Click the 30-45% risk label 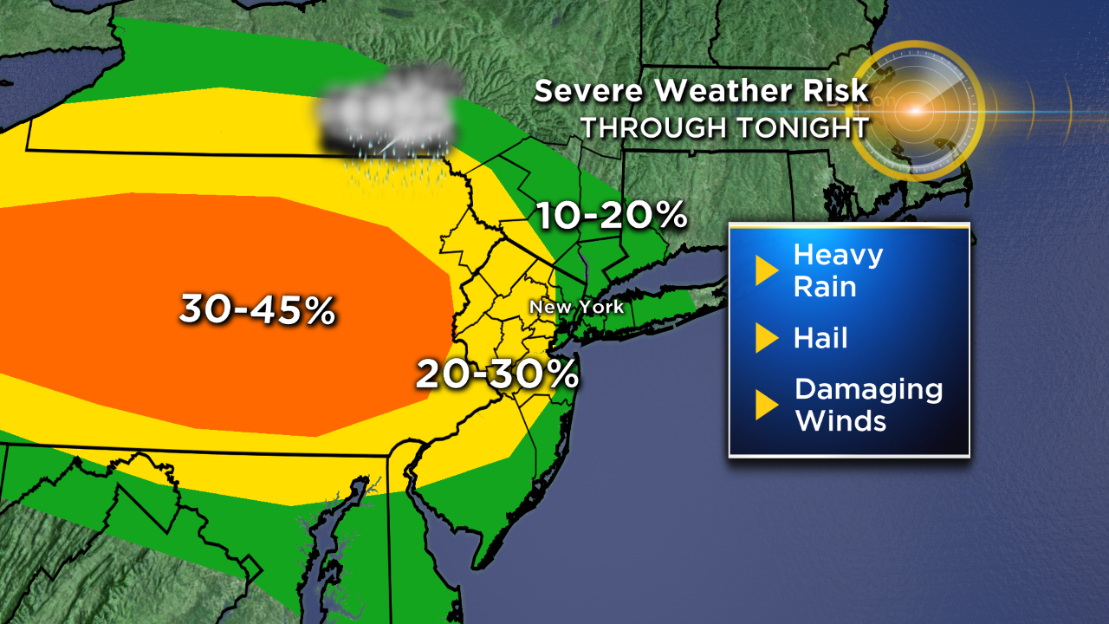(x=257, y=309)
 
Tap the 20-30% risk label (x=496, y=374)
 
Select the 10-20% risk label (x=611, y=215)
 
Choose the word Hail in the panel (x=820, y=338)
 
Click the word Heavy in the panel (x=838, y=256)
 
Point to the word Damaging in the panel (x=868, y=388)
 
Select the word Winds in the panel (x=840, y=420)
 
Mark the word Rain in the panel (x=825, y=286)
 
